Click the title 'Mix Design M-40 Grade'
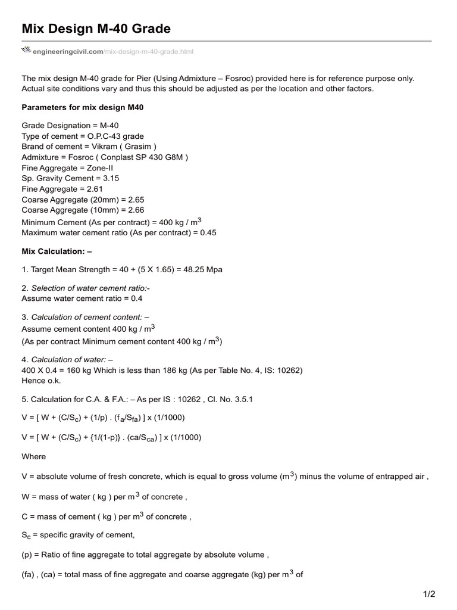96,28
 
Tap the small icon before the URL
26,51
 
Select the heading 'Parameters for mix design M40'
82,108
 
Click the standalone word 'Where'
33,456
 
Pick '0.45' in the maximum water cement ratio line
208,232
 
